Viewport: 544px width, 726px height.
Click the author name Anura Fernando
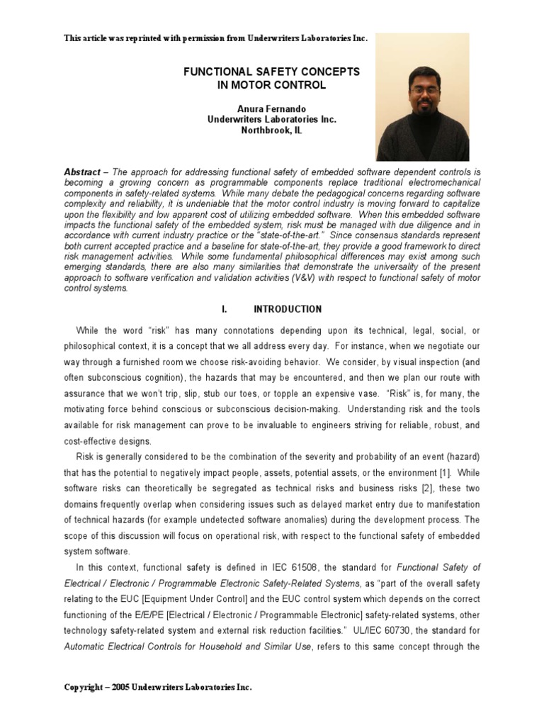[272, 108]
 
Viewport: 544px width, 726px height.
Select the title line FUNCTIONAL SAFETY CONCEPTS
[272, 72]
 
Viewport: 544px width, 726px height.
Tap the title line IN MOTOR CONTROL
[272, 85]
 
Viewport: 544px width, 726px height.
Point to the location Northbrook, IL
[272, 131]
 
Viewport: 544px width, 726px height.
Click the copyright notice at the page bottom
[157, 687]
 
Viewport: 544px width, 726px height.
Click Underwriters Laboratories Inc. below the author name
[272, 120]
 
